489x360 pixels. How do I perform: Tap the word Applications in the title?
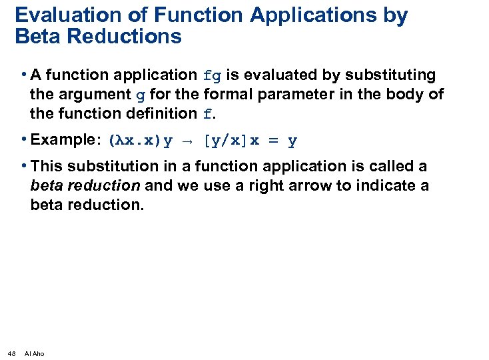[313, 15]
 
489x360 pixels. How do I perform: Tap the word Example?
[64, 140]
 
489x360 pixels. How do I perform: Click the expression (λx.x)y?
[141, 141]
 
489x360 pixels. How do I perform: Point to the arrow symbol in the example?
[189, 141]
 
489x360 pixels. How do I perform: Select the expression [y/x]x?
[233, 141]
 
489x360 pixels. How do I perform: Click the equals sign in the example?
[274, 141]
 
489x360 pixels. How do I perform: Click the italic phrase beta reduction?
[85, 185]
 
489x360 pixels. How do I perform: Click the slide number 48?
[12, 353]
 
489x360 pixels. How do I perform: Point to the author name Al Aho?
[34, 353]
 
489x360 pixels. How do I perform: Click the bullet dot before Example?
[24, 140]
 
